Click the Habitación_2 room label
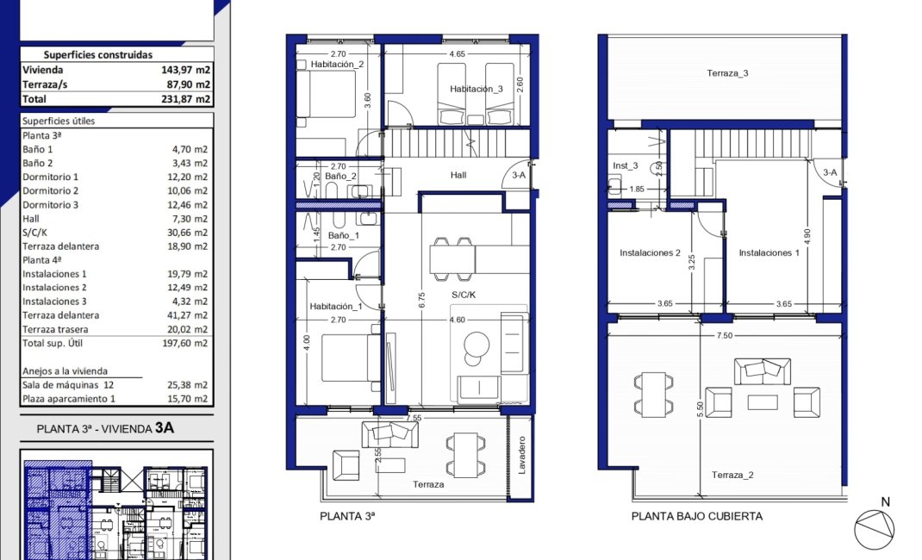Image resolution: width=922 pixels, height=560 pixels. pyautogui.click(x=337, y=65)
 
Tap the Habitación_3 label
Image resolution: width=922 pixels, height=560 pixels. pyautogui.click(x=476, y=89)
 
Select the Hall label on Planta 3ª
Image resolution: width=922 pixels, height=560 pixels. pyautogui.click(x=458, y=175)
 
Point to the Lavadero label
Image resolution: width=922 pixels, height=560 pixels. pyautogui.click(x=522, y=459)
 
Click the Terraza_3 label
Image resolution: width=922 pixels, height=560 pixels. pyautogui.click(x=727, y=73)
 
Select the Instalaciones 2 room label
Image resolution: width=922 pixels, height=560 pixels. pyautogui.click(x=651, y=253)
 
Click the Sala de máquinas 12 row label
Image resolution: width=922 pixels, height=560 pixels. pyautogui.click(x=68, y=385)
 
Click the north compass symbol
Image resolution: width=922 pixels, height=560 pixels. pyautogui.click(x=873, y=526)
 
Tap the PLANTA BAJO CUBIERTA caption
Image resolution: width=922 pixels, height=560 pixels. pyautogui.click(x=696, y=517)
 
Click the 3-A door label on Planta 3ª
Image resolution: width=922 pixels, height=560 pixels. pyautogui.click(x=519, y=174)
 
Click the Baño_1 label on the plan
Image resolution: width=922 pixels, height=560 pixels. pyautogui.click(x=343, y=234)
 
